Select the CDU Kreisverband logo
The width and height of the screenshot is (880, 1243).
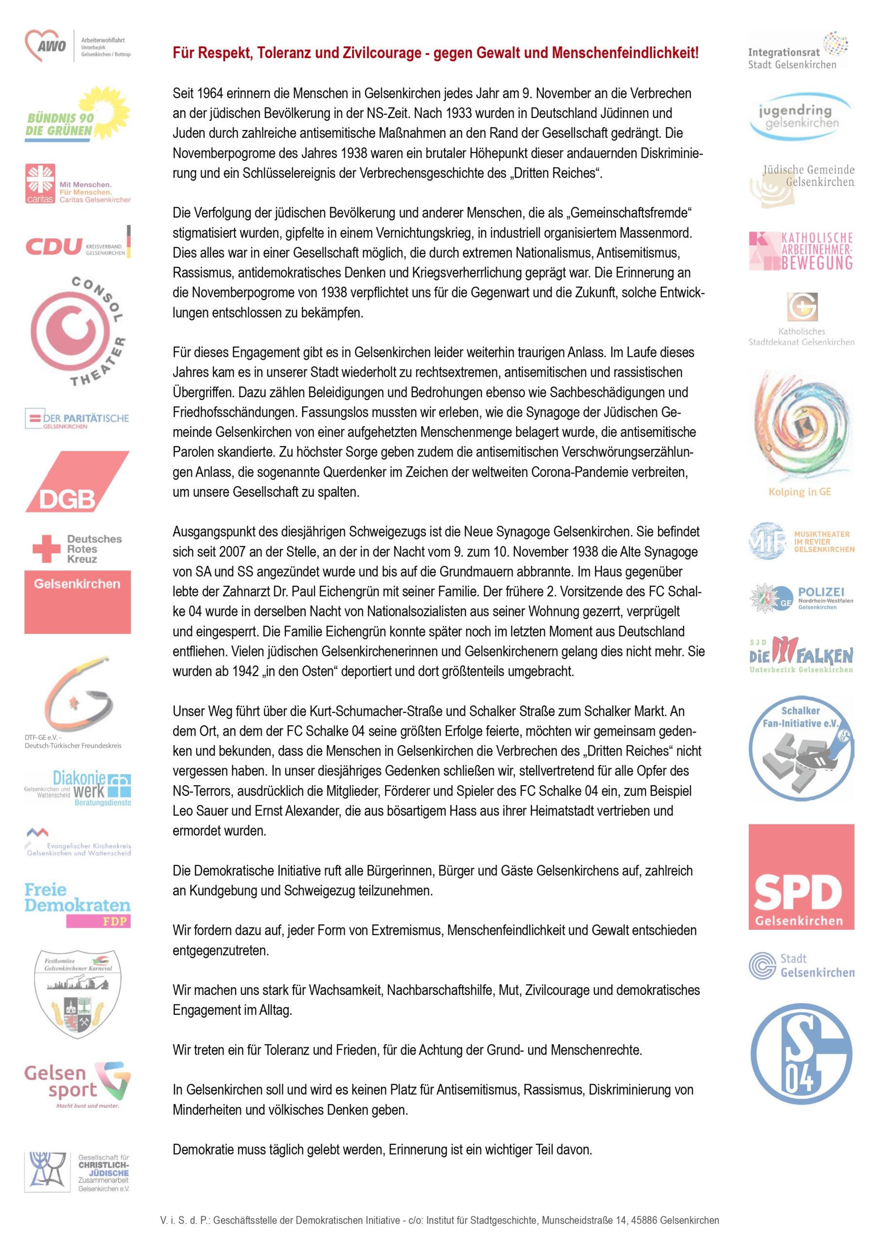(x=77, y=246)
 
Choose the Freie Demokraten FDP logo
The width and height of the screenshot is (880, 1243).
(x=77, y=905)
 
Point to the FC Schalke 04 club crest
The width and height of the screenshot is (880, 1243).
(x=801, y=1054)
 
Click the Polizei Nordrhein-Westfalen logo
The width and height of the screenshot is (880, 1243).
(x=801, y=598)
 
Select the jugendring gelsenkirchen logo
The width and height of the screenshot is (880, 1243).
(x=801, y=117)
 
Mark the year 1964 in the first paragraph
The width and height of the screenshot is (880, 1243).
(x=208, y=93)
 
